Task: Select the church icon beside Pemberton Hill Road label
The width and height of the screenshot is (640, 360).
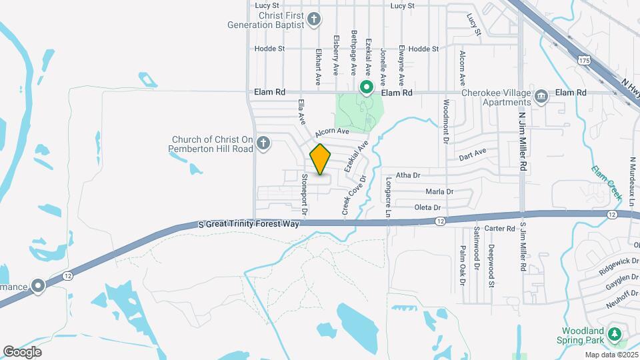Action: pos(263,143)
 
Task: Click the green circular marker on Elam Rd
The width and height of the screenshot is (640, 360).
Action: pos(366,87)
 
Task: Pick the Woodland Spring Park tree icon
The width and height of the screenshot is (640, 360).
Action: pos(614,334)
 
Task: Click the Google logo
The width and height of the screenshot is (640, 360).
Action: pos(22,351)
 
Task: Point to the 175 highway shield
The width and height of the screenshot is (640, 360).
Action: pos(585,60)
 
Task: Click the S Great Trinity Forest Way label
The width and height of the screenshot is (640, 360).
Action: pos(249,225)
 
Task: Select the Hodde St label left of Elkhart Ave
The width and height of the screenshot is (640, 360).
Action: pos(269,49)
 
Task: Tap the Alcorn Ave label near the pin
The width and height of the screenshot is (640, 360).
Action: pos(333,132)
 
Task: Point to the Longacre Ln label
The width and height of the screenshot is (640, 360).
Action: pos(388,197)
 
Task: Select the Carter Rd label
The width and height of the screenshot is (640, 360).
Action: pos(500,229)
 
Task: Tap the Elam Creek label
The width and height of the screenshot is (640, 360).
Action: pos(606,182)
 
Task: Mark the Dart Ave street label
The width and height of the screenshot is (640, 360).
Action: pos(473,155)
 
